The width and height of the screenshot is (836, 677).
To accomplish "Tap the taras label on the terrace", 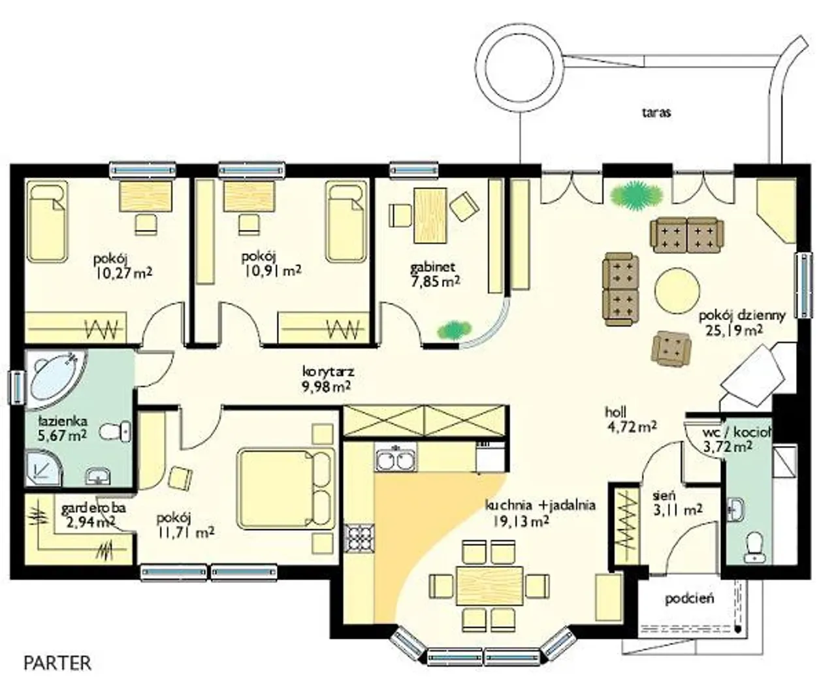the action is point(656,112).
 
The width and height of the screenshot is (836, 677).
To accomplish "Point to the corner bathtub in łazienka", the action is point(55,376).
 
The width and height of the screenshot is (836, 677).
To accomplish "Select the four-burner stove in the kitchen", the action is point(358,537).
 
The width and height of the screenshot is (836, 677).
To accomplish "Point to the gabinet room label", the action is point(432,268).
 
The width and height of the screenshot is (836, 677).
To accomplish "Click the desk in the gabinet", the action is point(430,215).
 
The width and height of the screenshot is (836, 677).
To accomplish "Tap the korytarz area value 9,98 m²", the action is point(326,386).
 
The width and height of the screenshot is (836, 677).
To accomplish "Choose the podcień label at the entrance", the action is point(689,599).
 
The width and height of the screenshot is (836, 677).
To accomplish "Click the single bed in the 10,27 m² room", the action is point(48,223).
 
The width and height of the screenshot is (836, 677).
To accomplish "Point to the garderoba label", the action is point(93,508).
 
